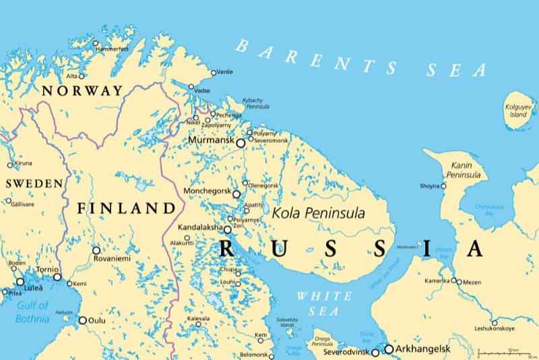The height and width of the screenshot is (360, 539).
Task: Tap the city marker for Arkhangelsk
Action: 389,349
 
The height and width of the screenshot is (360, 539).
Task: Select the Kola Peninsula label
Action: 318,213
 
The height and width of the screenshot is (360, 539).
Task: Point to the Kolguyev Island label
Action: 518,111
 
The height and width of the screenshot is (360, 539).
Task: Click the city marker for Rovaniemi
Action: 96,249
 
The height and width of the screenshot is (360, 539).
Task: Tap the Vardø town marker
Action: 214,73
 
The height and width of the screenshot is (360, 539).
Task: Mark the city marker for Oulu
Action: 83,320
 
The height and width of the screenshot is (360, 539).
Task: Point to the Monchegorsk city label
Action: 207,191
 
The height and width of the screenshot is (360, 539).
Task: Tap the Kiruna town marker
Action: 9,164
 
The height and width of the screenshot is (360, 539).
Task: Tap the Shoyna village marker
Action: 443,185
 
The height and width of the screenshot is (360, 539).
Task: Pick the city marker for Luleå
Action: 20,282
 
